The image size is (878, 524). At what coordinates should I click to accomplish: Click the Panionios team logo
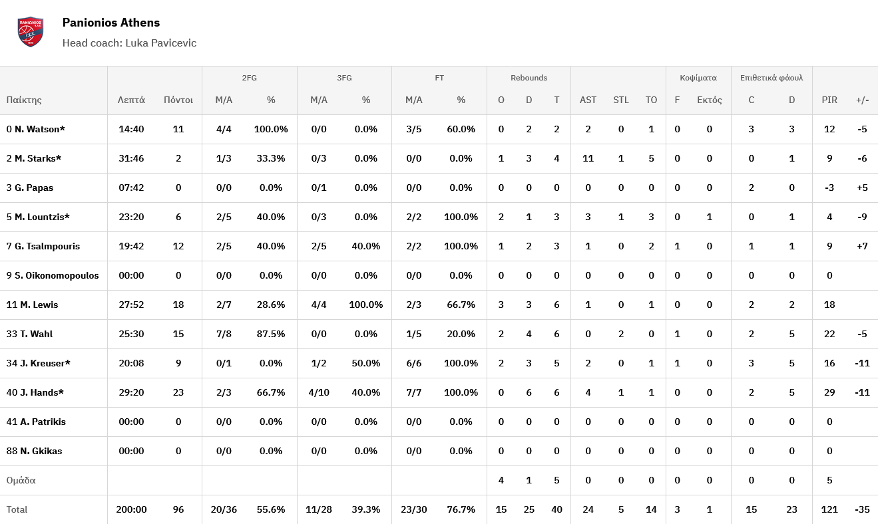pyautogui.click(x=31, y=32)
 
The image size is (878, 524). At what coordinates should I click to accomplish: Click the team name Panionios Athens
pyautogui.click(x=111, y=23)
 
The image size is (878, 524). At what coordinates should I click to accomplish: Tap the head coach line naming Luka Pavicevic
pyautogui.click(x=129, y=43)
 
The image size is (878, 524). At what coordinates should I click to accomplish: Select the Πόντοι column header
pyautogui.click(x=178, y=100)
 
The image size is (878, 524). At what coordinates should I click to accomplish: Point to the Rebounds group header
pyautogui.click(x=529, y=78)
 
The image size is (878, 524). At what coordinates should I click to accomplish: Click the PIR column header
pyautogui.click(x=829, y=100)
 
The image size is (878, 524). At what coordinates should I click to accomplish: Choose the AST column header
pyautogui.click(x=588, y=100)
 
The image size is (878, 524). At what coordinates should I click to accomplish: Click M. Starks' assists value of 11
pyautogui.click(x=588, y=158)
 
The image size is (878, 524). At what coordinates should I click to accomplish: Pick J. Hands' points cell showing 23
pyautogui.click(x=178, y=392)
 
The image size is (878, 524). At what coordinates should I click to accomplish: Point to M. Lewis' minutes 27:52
pyautogui.click(x=131, y=305)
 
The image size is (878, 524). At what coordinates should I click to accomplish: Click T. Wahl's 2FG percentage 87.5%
pyautogui.click(x=271, y=334)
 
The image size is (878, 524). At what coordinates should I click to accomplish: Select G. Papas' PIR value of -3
pyautogui.click(x=829, y=188)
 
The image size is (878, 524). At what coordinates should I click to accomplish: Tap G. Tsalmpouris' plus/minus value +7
pyautogui.click(x=862, y=246)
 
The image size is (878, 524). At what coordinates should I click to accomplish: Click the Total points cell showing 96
pyautogui.click(x=178, y=509)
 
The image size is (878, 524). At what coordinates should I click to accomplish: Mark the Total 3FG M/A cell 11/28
pyautogui.click(x=319, y=509)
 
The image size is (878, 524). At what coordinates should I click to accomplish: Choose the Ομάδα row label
pyautogui.click(x=21, y=480)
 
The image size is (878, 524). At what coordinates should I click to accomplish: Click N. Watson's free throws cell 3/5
pyautogui.click(x=414, y=129)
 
